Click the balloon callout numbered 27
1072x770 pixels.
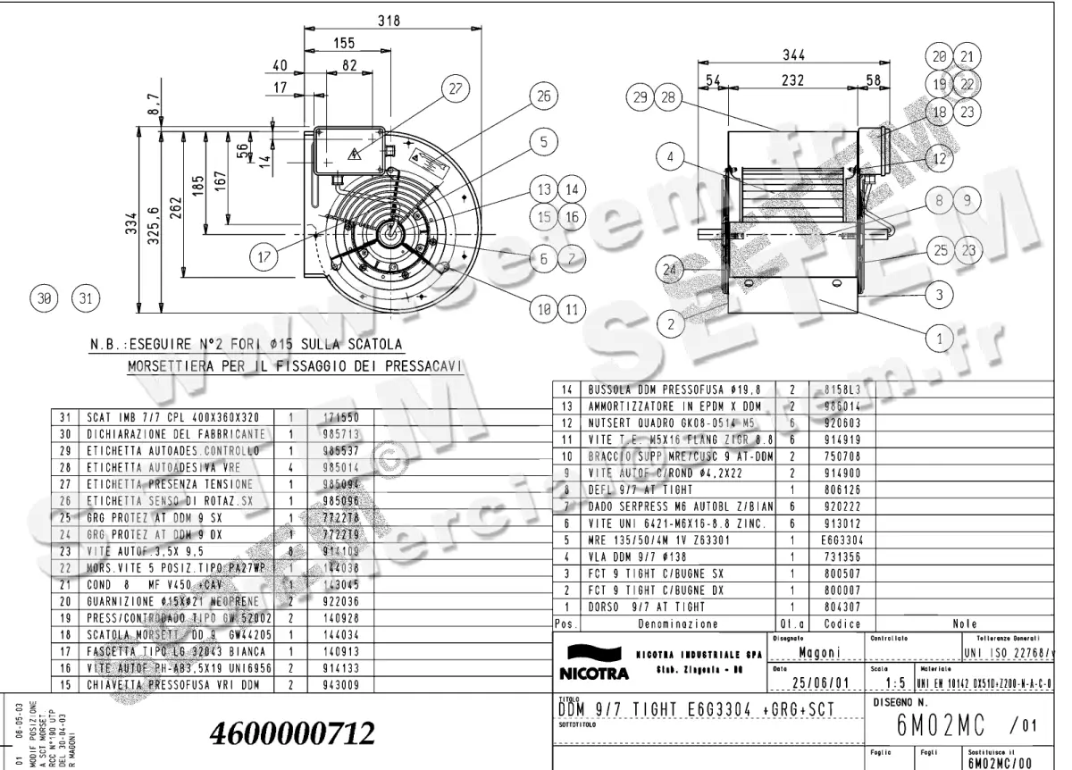(456, 89)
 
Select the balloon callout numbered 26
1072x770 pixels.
(541, 96)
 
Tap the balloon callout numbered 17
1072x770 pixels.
(264, 258)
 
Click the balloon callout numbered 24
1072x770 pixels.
(669, 267)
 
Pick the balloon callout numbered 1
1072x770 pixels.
(939, 339)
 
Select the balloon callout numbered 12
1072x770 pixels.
(939, 159)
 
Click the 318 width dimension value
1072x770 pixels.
(389, 22)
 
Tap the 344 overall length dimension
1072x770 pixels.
(793, 56)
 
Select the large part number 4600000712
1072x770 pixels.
(291, 734)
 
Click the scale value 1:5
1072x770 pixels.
(887, 684)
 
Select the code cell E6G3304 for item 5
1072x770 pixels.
(830, 540)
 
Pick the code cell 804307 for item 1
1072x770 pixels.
(828, 607)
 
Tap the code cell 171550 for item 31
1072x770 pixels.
(329, 417)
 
